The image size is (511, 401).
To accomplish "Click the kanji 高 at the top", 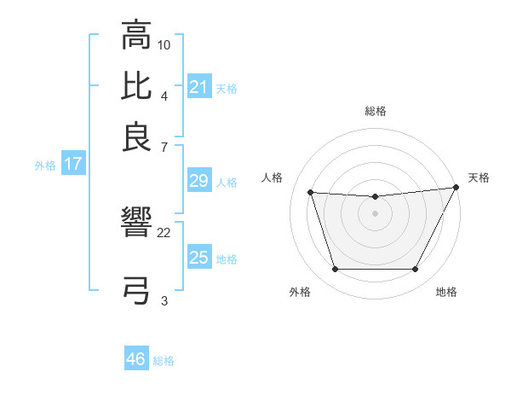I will (x=137, y=37).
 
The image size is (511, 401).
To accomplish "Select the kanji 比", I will (x=137, y=86).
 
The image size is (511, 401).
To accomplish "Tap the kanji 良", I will (x=137, y=137).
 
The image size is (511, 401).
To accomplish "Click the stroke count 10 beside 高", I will (x=164, y=44).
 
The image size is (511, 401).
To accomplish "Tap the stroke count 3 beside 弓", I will (x=164, y=300).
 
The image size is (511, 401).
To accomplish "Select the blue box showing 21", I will (x=198, y=87).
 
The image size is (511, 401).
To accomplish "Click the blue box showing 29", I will (x=198, y=181).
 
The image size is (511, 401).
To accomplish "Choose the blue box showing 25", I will (x=198, y=258).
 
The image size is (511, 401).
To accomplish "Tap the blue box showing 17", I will (x=72, y=165).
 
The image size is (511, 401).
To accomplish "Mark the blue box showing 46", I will (x=135, y=359).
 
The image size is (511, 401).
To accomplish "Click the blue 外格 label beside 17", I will (x=45, y=166).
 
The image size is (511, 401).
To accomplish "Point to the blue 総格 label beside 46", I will (x=164, y=361).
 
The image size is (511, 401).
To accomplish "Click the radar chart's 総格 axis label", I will (x=375, y=111).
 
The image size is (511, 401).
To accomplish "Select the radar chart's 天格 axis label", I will (x=479, y=177).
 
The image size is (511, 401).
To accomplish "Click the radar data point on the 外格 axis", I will (x=335, y=270).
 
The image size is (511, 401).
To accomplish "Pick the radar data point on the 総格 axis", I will (x=375, y=197).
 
